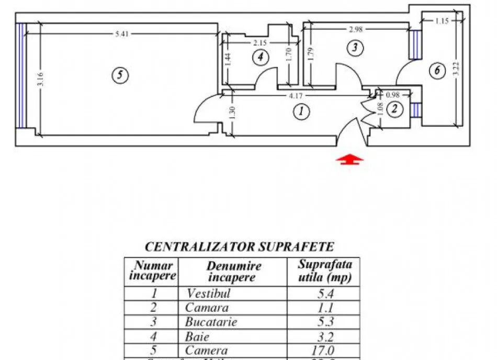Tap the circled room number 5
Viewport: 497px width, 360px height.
(x=120, y=75)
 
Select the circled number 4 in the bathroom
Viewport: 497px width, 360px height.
(x=260, y=57)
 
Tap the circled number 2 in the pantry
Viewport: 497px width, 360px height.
(x=396, y=109)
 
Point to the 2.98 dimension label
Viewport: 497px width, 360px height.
(x=356, y=29)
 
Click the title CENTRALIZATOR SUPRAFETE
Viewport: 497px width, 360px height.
(x=239, y=246)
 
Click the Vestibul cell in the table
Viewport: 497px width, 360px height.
(x=208, y=294)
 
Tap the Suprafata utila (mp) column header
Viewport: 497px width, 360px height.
(x=325, y=271)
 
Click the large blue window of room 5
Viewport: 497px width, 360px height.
(x=20, y=76)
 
